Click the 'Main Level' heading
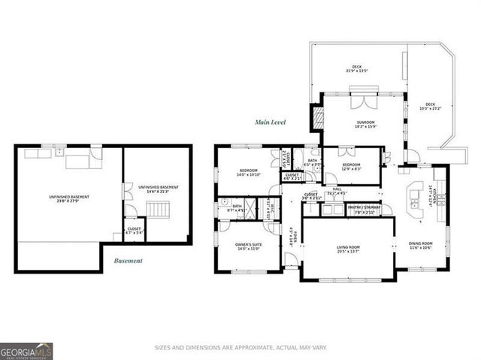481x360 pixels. coord(270,122)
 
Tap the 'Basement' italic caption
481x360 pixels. coord(128,261)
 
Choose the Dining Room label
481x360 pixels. coord(420,246)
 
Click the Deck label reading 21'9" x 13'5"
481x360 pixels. coord(357,69)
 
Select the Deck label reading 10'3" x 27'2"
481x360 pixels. coord(431,107)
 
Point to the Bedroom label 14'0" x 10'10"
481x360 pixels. coord(249,173)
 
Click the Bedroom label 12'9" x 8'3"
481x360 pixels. coord(352,167)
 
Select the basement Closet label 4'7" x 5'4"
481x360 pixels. coord(134,231)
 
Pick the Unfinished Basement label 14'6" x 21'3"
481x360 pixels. coord(158,189)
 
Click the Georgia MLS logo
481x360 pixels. coord(26,350)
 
